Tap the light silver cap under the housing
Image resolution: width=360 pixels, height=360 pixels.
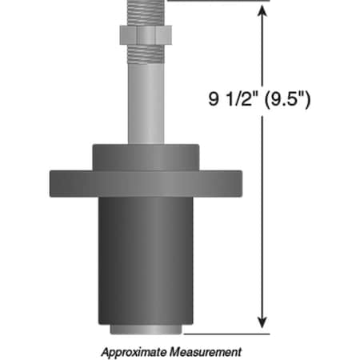pyautogui.click(x=144, y=329)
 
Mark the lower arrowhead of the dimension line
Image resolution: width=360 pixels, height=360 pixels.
pyautogui.click(x=261, y=321)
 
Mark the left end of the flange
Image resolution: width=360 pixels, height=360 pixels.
pyautogui.click(x=54, y=183)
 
